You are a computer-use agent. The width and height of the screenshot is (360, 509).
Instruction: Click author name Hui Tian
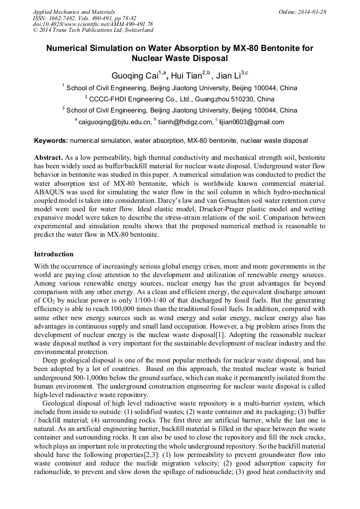coord(185,76)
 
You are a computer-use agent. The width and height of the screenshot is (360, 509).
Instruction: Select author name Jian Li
coord(229,76)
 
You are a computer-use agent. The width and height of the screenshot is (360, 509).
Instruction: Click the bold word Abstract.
coord(48,159)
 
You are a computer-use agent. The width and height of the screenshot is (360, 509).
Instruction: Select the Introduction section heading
coord(54,254)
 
